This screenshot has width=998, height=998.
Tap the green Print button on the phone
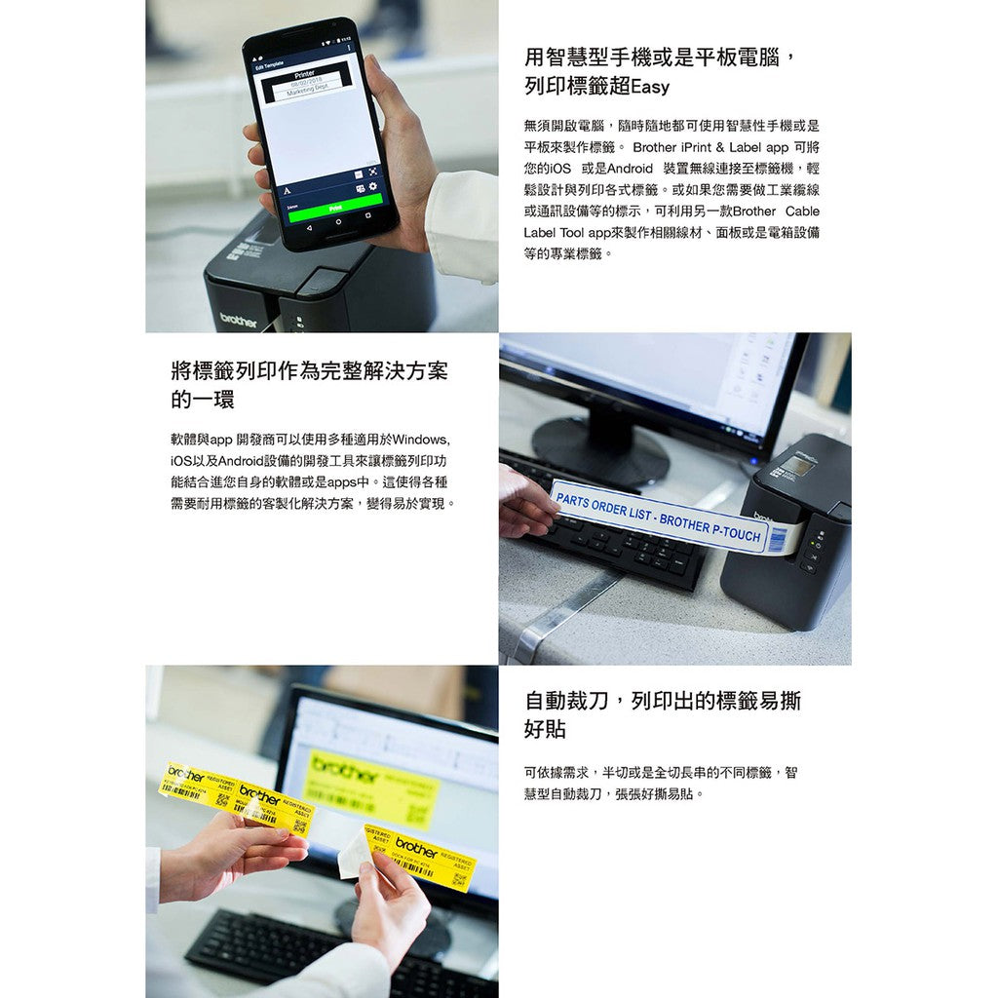(x=334, y=208)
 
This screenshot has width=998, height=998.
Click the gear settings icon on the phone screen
(x=371, y=185)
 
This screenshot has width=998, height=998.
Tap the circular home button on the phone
(x=339, y=222)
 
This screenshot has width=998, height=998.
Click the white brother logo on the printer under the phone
(x=239, y=320)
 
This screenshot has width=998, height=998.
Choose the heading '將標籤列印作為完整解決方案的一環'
(x=309, y=384)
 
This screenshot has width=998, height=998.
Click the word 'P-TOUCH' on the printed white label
(x=730, y=530)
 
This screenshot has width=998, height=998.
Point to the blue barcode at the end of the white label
(x=778, y=537)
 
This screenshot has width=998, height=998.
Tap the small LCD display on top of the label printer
(x=797, y=467)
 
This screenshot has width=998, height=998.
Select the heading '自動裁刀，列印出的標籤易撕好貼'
(x=662, y=714)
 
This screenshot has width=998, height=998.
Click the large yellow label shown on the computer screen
(x=370, y=786)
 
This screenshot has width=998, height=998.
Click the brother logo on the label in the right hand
(x=416, y=845)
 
